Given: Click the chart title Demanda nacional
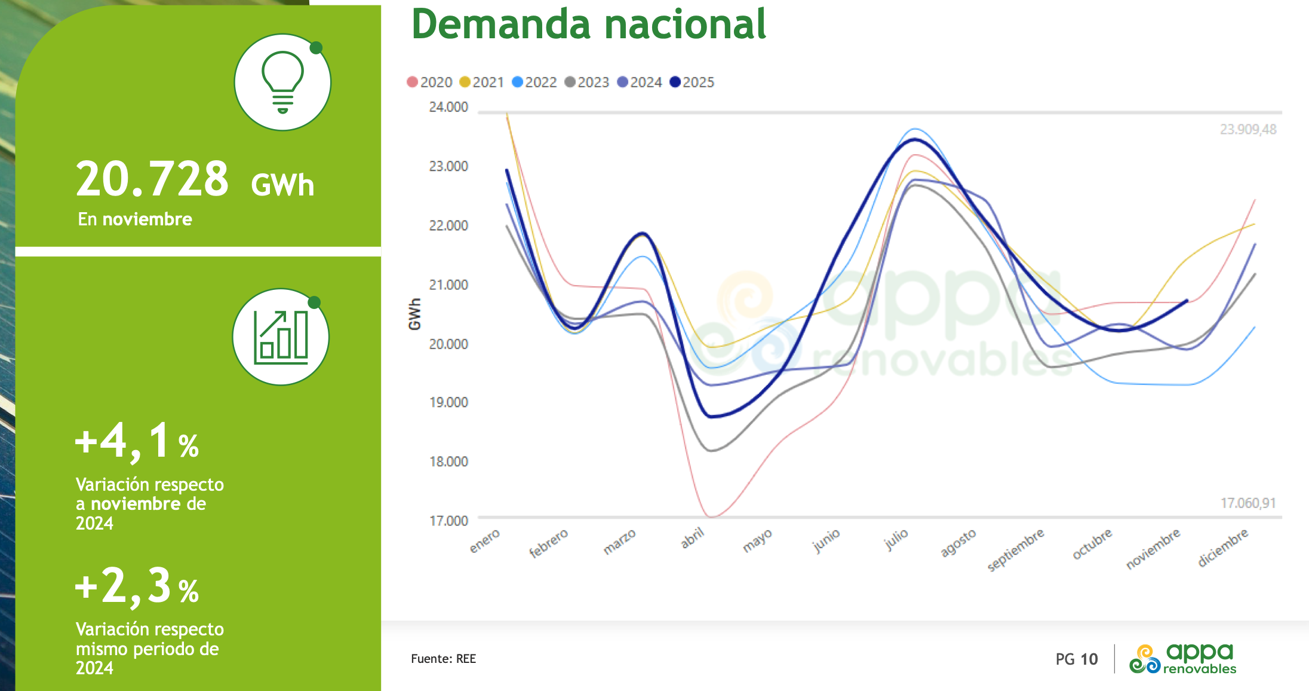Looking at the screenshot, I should pos(588,25).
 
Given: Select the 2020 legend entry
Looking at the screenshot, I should pos(429,82).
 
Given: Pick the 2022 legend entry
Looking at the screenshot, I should pos(534,82).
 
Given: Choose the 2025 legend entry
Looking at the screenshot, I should pos(692,82).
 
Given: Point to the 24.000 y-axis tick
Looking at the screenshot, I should pos(448,107).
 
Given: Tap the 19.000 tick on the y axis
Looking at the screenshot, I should pos(448,402).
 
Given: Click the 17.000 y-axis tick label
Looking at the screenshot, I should pos(448,521).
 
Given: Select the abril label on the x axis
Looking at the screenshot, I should pos(693,538).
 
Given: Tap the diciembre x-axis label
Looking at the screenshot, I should pos(1223,547).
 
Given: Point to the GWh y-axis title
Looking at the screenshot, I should pos(414,314).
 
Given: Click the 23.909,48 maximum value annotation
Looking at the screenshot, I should pos(1247,129).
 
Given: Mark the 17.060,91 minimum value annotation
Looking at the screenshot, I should pos(1247,503).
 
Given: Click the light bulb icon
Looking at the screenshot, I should pos(282,82).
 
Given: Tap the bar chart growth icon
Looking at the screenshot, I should pos(281,337).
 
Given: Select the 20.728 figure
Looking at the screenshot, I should pos(152,179).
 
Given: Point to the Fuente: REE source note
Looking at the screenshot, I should pos(443,659).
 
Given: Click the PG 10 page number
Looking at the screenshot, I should pos(1076,659).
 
